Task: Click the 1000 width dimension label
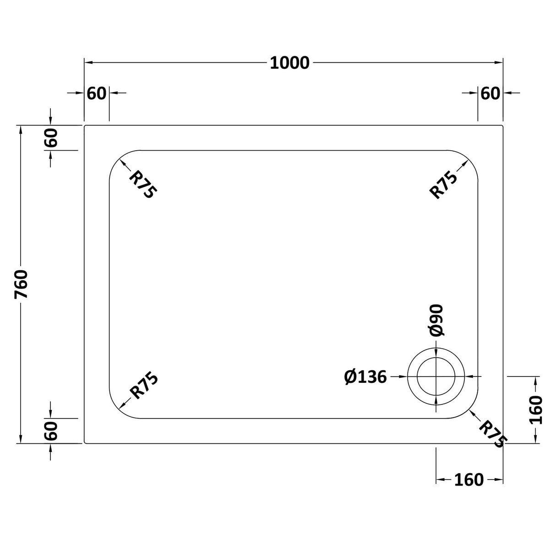289,63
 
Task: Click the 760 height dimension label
22,284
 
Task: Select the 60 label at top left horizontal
96,93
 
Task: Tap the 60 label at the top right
490,93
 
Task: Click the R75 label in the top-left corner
142,184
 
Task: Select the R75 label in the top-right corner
443,184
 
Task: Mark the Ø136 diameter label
365,377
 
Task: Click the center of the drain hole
436,376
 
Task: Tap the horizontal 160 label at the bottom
469,480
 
